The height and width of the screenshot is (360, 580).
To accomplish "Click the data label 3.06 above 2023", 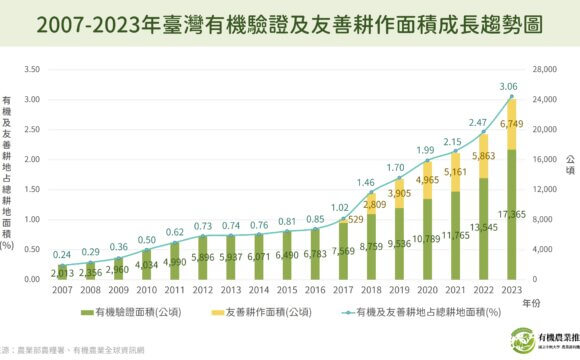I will click(x=510, y=86).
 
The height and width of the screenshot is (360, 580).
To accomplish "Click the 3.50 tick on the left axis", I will click(x=35, y=70).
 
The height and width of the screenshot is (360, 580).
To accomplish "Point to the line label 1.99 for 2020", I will click(x=426, y=150).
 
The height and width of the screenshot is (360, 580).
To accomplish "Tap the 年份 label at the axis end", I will click(x=528, y=301).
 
